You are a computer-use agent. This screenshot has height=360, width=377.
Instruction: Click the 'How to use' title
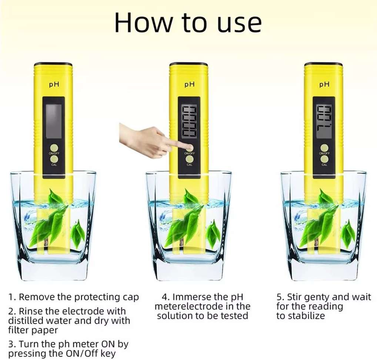(188, 23)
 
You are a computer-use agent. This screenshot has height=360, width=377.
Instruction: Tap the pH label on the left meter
(54, 84)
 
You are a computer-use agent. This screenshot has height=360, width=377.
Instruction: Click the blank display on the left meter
(54, 121)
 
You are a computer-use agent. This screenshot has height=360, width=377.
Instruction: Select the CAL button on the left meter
(54, 159)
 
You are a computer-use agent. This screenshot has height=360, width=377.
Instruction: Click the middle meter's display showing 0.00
(189, 121)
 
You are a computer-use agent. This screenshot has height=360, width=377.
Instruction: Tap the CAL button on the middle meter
(189, 159)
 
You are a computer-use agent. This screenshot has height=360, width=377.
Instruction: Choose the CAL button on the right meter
(324, 159)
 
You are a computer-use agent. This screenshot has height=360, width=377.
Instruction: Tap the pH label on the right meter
(324, 84)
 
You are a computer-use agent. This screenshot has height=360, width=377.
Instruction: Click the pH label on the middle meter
(189, 84)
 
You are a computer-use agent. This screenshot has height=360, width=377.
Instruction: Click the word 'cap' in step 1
(130, 297)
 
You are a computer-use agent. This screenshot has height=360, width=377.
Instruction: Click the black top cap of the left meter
(54, 64)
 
